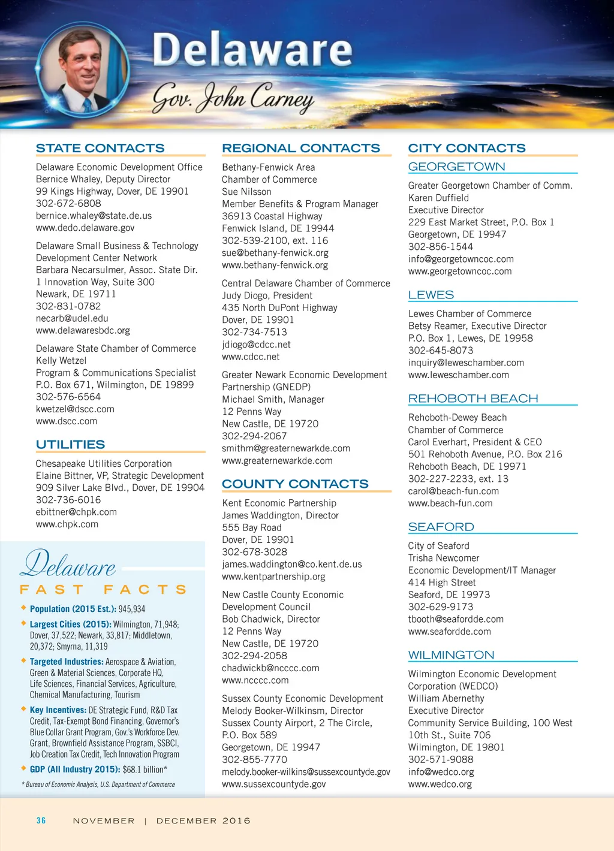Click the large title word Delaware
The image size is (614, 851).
[252, 50]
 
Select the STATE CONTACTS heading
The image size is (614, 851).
[100, 148]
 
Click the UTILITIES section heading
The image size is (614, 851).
[70, 445]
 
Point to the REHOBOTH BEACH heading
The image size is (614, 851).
[473, 399]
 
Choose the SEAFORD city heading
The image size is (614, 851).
[441, 527]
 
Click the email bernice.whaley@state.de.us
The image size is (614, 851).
[94, 215]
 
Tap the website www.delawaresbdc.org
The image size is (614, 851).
[83, 330]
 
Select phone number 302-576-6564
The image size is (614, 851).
[68, 397]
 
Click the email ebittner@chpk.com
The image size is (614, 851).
[76, 512]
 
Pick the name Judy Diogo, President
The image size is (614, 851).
[267, 295]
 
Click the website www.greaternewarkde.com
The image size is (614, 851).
[277, 460]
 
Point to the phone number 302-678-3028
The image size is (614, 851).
[254, 551]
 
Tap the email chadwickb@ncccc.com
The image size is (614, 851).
[270, 668]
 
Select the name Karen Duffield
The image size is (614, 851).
[438, 198]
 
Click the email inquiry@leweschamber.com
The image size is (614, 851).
[466, 363]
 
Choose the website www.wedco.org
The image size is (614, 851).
[440, 784]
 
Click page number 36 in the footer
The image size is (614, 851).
[41, 820]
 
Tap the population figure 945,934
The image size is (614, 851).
[132, 609]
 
